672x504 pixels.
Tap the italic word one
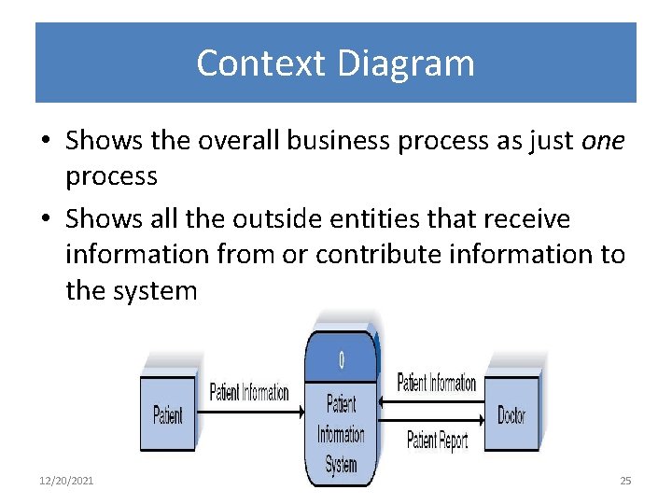pyautogui.click(x=603, y=140)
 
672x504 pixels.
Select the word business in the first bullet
pyautogui.click(x=332, y=140)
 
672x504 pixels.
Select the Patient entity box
pyautogui.click(x=168, y=413)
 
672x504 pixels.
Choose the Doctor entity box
pyautogui.click(x=511, y=414)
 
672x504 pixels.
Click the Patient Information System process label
pyautogui.click(x=341, y=434)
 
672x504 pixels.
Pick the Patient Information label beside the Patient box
pyautogui.click(x=248, y=392)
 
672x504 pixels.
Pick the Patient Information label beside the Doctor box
pyautogui.click(x=437, y=383)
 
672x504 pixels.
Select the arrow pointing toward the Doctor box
pyautogui.click(x=434, y=422)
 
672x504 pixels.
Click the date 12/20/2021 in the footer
pyautogui.click(x=66, y=481)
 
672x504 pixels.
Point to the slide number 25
pyautogui.click(x=625, y=481)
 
